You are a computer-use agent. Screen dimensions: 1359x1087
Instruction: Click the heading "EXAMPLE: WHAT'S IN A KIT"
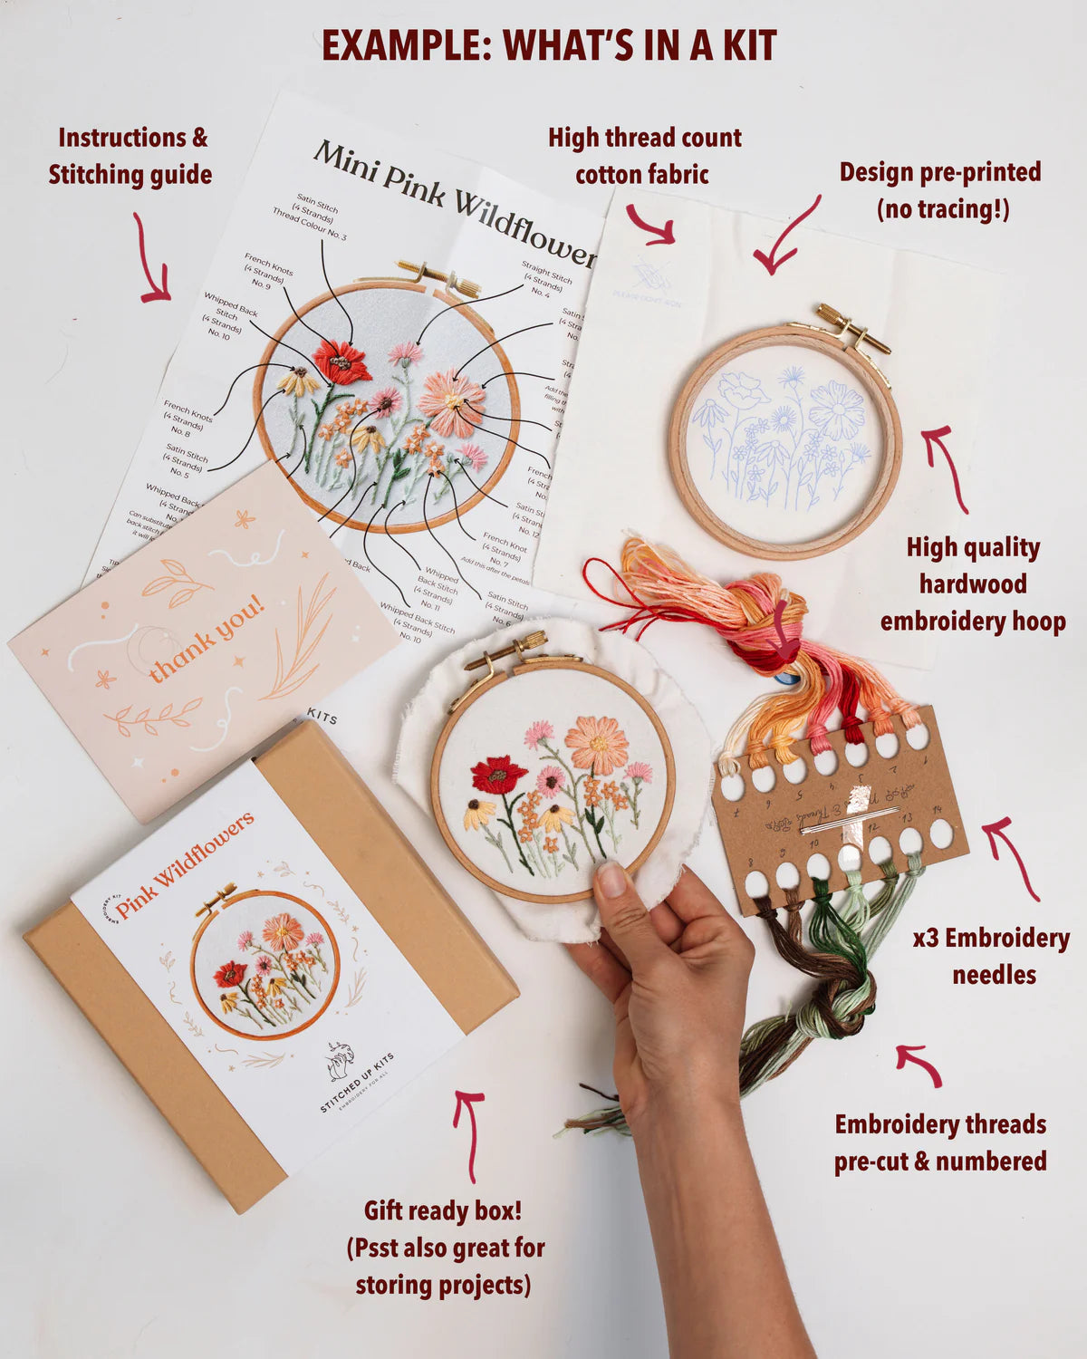coord(549,45)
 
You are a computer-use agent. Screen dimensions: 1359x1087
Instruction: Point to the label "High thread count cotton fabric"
coord(644,156)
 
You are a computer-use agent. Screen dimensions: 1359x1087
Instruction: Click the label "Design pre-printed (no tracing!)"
coord(940,190)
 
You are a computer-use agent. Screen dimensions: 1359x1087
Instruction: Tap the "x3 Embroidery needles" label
coord(991,956)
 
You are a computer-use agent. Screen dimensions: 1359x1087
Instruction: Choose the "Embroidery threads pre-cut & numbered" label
coord(940,1142)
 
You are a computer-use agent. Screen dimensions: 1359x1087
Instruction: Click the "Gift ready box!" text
coord(443,1210)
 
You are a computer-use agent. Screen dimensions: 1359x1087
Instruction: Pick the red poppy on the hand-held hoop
coord(497,775)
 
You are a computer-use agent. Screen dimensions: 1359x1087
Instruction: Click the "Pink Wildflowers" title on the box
coord(185,863)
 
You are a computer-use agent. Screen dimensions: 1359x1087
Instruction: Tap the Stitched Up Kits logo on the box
coord(343,1063)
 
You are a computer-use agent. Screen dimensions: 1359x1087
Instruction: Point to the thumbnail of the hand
coord(612,879)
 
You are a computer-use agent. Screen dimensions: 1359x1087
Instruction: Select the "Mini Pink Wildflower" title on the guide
coord(453,204)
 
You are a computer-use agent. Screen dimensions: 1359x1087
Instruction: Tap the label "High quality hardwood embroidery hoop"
coord(973,584)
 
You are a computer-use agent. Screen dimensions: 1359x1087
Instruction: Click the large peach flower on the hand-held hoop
coord(596,745)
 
